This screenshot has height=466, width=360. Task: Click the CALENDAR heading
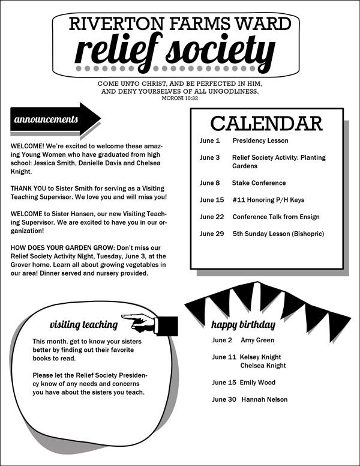[266, 123]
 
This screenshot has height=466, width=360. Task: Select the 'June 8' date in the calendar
[210, 183]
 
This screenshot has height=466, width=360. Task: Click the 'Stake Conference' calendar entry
[259, 183]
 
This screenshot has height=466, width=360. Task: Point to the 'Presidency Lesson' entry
[260, 141]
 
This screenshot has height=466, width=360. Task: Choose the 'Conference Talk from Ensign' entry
[276, 217]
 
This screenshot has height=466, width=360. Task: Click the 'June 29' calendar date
[212, 234]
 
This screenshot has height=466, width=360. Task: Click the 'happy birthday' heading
[242, 325]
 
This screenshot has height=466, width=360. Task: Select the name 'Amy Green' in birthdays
[257, 340]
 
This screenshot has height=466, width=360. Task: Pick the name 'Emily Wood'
[257, 383]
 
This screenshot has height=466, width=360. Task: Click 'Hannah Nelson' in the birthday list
[264, 399]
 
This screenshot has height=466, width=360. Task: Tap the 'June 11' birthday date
[224, 357]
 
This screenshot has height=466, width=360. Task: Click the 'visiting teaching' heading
[83, 325]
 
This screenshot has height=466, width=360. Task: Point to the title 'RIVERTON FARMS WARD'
[180, 24]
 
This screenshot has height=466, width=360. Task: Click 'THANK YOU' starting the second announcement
[28, 189]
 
